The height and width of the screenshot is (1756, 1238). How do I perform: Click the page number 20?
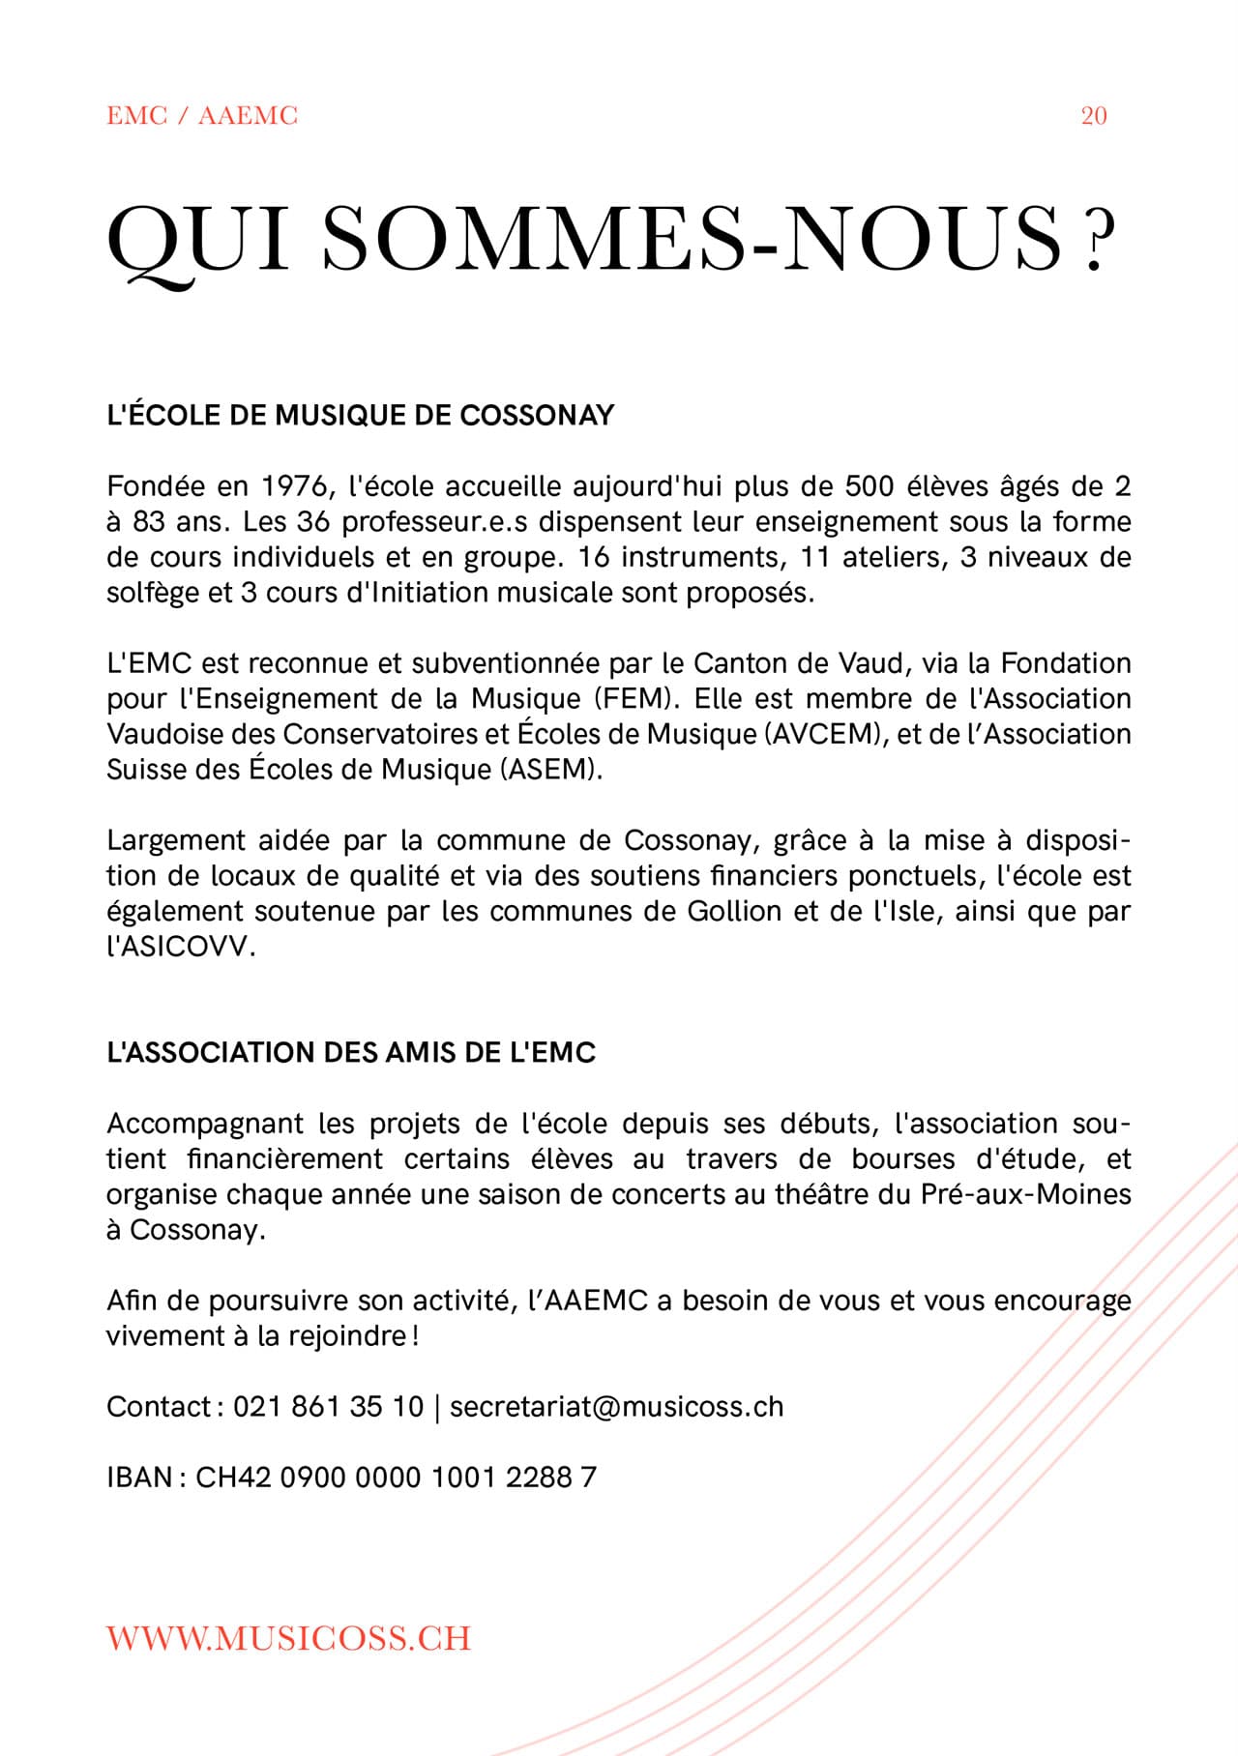pyautogui.click(x=1093, y=116)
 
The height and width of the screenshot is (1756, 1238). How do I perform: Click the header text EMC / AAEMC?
pyautogui.click(x=202, y=116)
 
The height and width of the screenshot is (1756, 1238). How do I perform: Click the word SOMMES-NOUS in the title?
pyautogui.click(x=691, y=238)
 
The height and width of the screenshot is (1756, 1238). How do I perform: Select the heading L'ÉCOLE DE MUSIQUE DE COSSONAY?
pyautogui.click(x=360, y=415)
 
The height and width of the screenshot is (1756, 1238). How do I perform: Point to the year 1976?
pyautogui.click(x=293, y=485)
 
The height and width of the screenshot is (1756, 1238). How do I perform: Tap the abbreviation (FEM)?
pyautogui.click(x=628, y=698)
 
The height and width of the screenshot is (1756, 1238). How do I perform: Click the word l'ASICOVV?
pyautogui.click(x=181, y=947)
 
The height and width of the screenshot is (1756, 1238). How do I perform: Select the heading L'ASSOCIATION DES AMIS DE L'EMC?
pyautogui.click(x=351, y=1052)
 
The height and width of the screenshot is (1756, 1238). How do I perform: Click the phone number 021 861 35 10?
pyautogui.click(x=328, y=1407)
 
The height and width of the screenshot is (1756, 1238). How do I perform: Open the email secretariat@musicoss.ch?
pyautogui.click(x=616, y=1407)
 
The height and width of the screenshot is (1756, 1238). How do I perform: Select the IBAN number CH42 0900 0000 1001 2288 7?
pyautogui.click(x=396, y=1478)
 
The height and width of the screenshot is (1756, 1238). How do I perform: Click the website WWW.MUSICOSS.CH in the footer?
pyautogui.click(x=288, y=1638)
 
